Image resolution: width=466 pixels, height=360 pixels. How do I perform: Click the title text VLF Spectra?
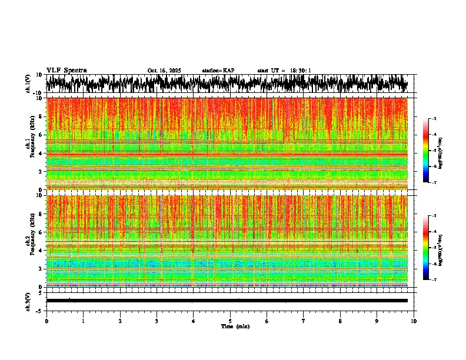pyautogui.click(x=66, y=70)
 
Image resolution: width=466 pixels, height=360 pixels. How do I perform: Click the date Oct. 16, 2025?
pyautogui.click(x=164, y=71)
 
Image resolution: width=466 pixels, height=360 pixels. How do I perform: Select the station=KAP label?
pyautogui.click(x=218, y=71)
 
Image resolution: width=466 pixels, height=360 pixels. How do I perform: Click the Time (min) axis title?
pyautogui.click(x=235, y=326)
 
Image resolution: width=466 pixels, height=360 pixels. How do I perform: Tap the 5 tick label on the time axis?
pyautogui.click(x=231, y=321)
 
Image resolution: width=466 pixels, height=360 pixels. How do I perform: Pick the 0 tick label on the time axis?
pyautogui.click(x=46, y=321)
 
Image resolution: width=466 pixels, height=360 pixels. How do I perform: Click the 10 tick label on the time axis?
pyautogui.click(x=414, y=321)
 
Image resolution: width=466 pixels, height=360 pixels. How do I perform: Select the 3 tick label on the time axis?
pyautogui.click(x=157, y=321)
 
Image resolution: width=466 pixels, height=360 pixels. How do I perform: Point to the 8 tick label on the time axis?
pyautogui.click(x=341, y=321)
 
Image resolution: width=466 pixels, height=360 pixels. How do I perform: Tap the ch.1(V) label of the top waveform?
pyautogui.click(x=28, y=84)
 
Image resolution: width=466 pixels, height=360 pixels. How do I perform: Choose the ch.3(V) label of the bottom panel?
pyautogui.click(x=28, y=301)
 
